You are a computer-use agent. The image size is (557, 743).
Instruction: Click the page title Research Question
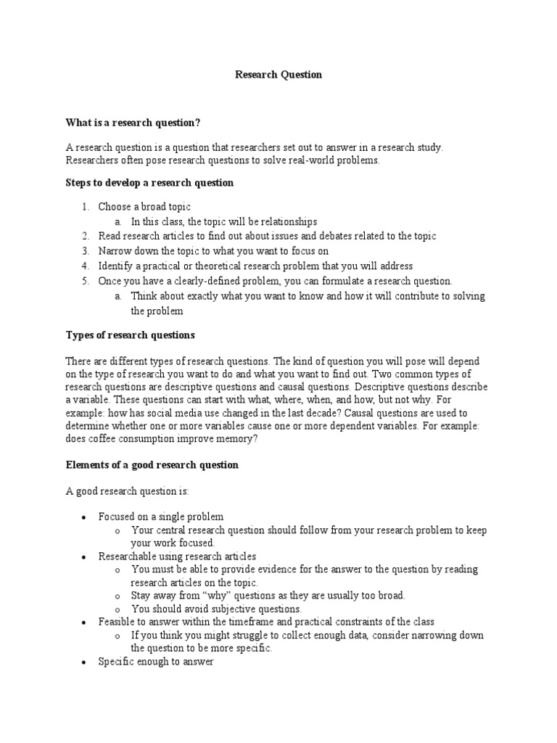[278, 75]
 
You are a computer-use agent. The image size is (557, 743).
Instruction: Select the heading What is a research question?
[133, 123]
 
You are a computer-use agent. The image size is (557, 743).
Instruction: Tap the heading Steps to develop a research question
[150, 183]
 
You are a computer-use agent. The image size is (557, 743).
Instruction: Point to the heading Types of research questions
[131, 335]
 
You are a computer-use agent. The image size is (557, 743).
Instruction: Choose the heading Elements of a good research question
[152, 464]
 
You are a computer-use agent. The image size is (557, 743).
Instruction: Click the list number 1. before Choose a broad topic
[85, 207]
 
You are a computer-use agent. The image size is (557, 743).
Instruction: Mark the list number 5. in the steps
[85, 281]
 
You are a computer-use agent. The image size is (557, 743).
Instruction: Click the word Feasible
[117, 622]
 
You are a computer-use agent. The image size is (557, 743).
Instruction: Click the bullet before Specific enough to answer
[84, 662]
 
